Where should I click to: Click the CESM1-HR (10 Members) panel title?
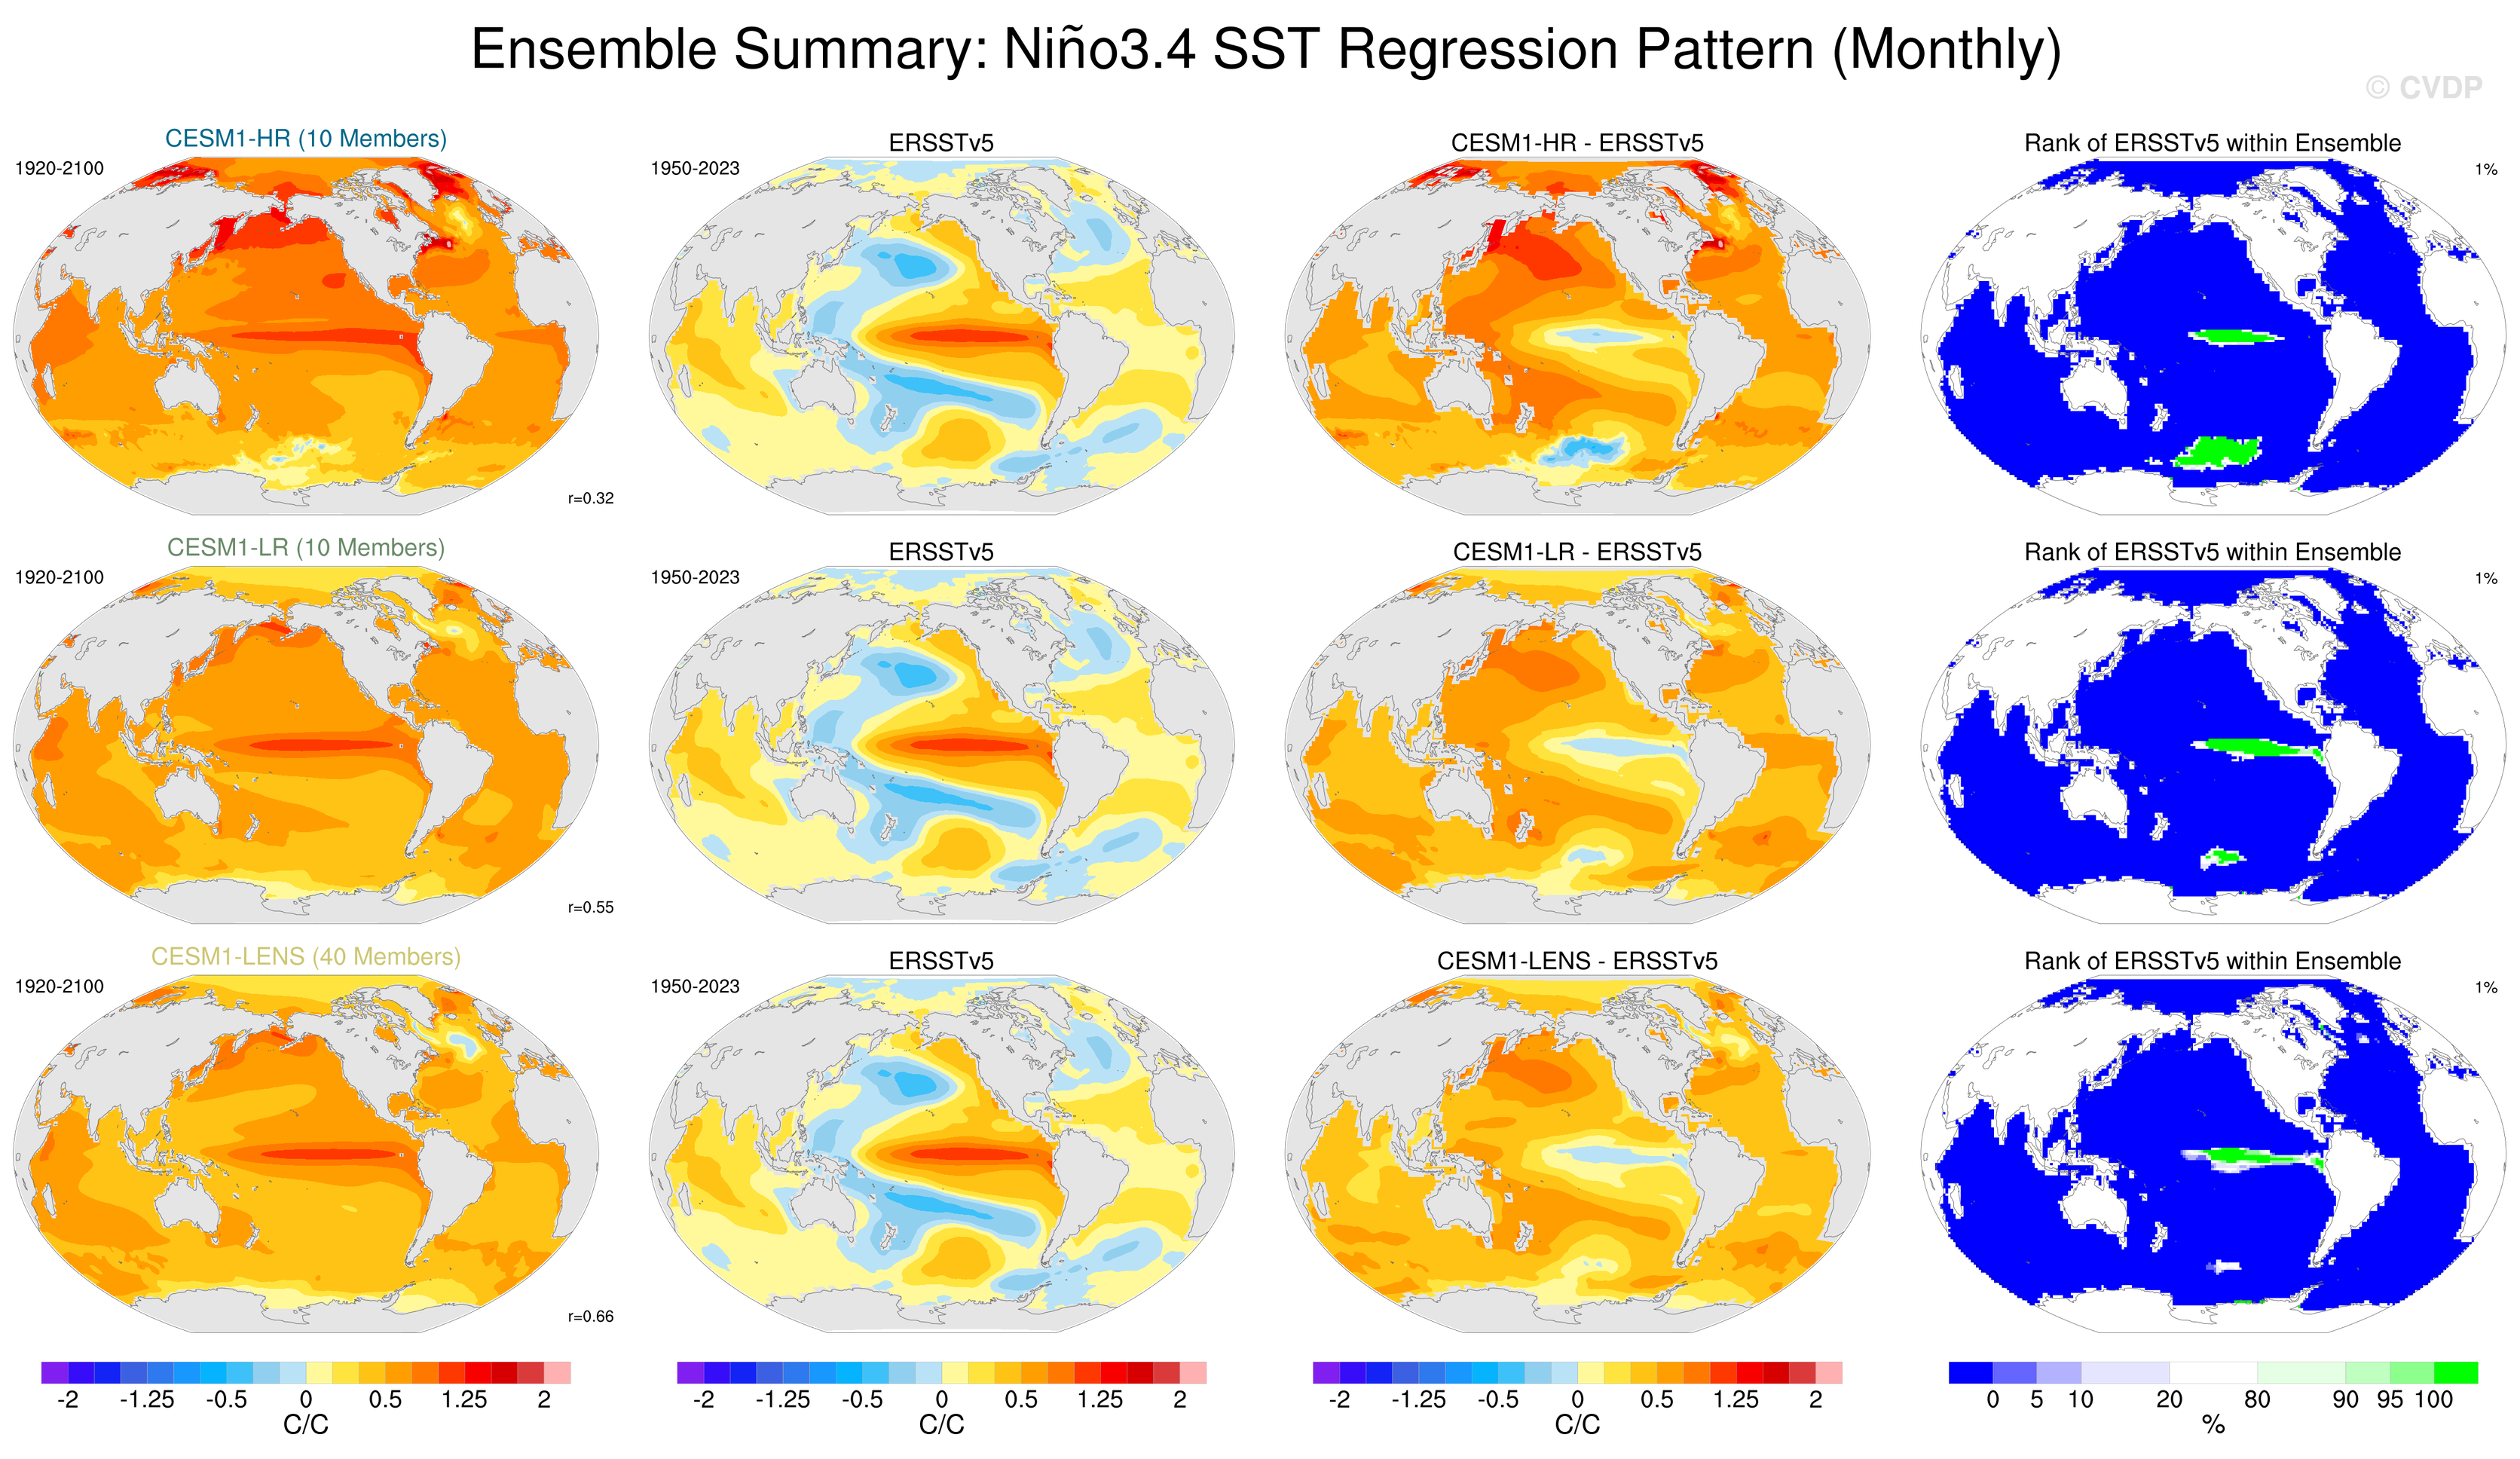(x=305, y=138)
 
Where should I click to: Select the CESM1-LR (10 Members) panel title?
(x=305, y=547)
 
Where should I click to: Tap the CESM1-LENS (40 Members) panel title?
(x=305, y=956)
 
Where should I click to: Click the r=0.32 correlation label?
(x=590, y=498)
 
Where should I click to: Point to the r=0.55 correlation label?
(x=590, y=907)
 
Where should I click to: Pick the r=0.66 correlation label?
(x=590, y=1316)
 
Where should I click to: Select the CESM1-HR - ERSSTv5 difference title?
(x=1577, y=143)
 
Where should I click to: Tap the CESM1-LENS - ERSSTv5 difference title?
(x=1577, y=961)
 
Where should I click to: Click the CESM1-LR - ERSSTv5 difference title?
(x=1577, y=552)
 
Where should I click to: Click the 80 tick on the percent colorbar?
(x=2257, y=1399)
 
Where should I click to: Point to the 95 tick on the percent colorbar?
(x=2390, y=1399)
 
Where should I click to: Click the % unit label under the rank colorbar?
(x=2213, y=1425)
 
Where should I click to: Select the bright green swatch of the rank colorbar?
(x=2456, y=1372)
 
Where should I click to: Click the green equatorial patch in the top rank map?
(x=2236, y=337)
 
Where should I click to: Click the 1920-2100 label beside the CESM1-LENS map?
(x=59, y=986)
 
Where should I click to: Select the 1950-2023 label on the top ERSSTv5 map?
(x=695, y=168)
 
